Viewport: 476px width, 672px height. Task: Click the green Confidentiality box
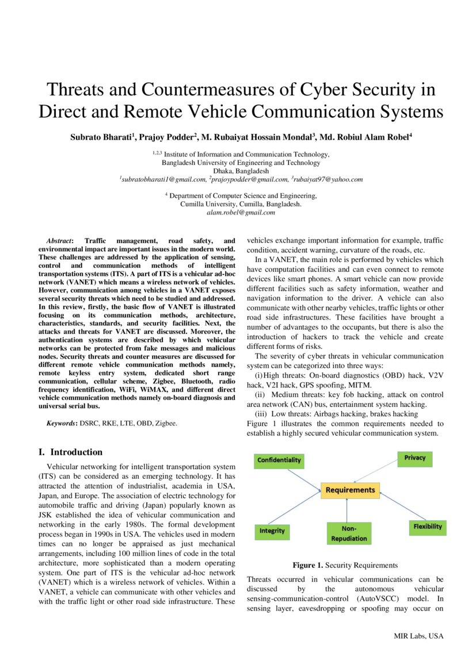pos(279,460)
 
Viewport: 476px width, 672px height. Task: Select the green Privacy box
pos(414,458)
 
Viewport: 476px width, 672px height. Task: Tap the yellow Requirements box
pos(350,490)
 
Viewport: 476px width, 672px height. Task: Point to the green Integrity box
pos(272,531)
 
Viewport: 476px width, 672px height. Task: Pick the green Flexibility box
pos(427,527)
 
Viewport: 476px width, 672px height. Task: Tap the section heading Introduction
pos(76,452)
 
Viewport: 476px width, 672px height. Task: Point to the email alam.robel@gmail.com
pos(241,213)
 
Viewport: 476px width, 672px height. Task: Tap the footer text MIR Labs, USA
pos(418,636)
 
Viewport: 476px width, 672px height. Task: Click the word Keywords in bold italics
pos(62,423)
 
